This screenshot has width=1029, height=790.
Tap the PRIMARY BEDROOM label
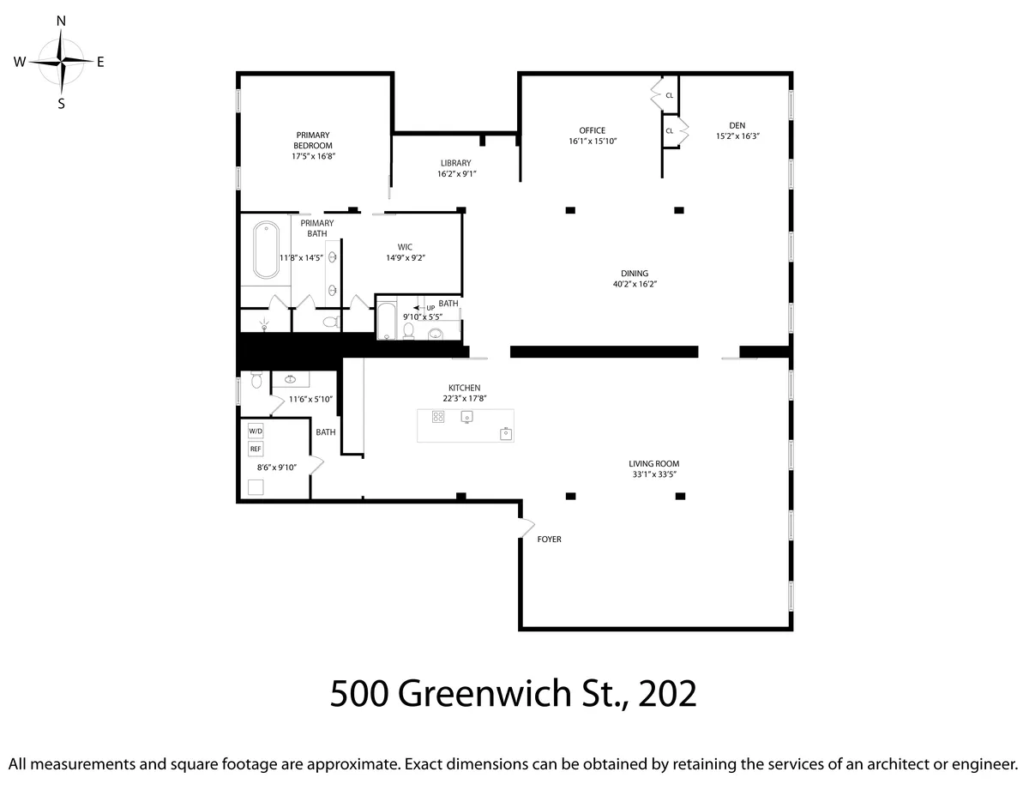pyautogui.click(x=313, y=140)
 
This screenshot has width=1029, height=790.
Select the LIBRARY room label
pyautogui.click(x=455, y=163)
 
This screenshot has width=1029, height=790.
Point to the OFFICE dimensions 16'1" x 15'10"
pyautogui.click(x=593, y=142)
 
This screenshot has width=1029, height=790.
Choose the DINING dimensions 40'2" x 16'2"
pyautogui.click(x=635, y=284)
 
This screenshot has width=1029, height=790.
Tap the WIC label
pyautogui.click(x=405, y=247)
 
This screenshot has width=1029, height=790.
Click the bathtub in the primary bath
pyautogui.click(x=266, y=250)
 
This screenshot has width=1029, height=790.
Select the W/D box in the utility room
pyautogui.click(x=256, y=431)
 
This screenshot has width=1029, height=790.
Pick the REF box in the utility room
pyautogui.click(x=256, y=449)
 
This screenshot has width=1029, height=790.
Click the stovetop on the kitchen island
pyautogui.click(x=438, y=417)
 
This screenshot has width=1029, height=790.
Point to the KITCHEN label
pyautogui.click(x=464, y=388)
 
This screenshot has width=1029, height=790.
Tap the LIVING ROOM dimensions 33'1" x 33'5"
pyautogui.click(x=653, y=474)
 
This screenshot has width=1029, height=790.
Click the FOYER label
pyautogui.click(x=549, y=540)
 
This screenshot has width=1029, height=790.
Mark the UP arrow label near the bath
pyautogui.click(x=425, y=307)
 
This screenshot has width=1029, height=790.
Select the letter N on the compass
pyautogui.click(x=62, y=19)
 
